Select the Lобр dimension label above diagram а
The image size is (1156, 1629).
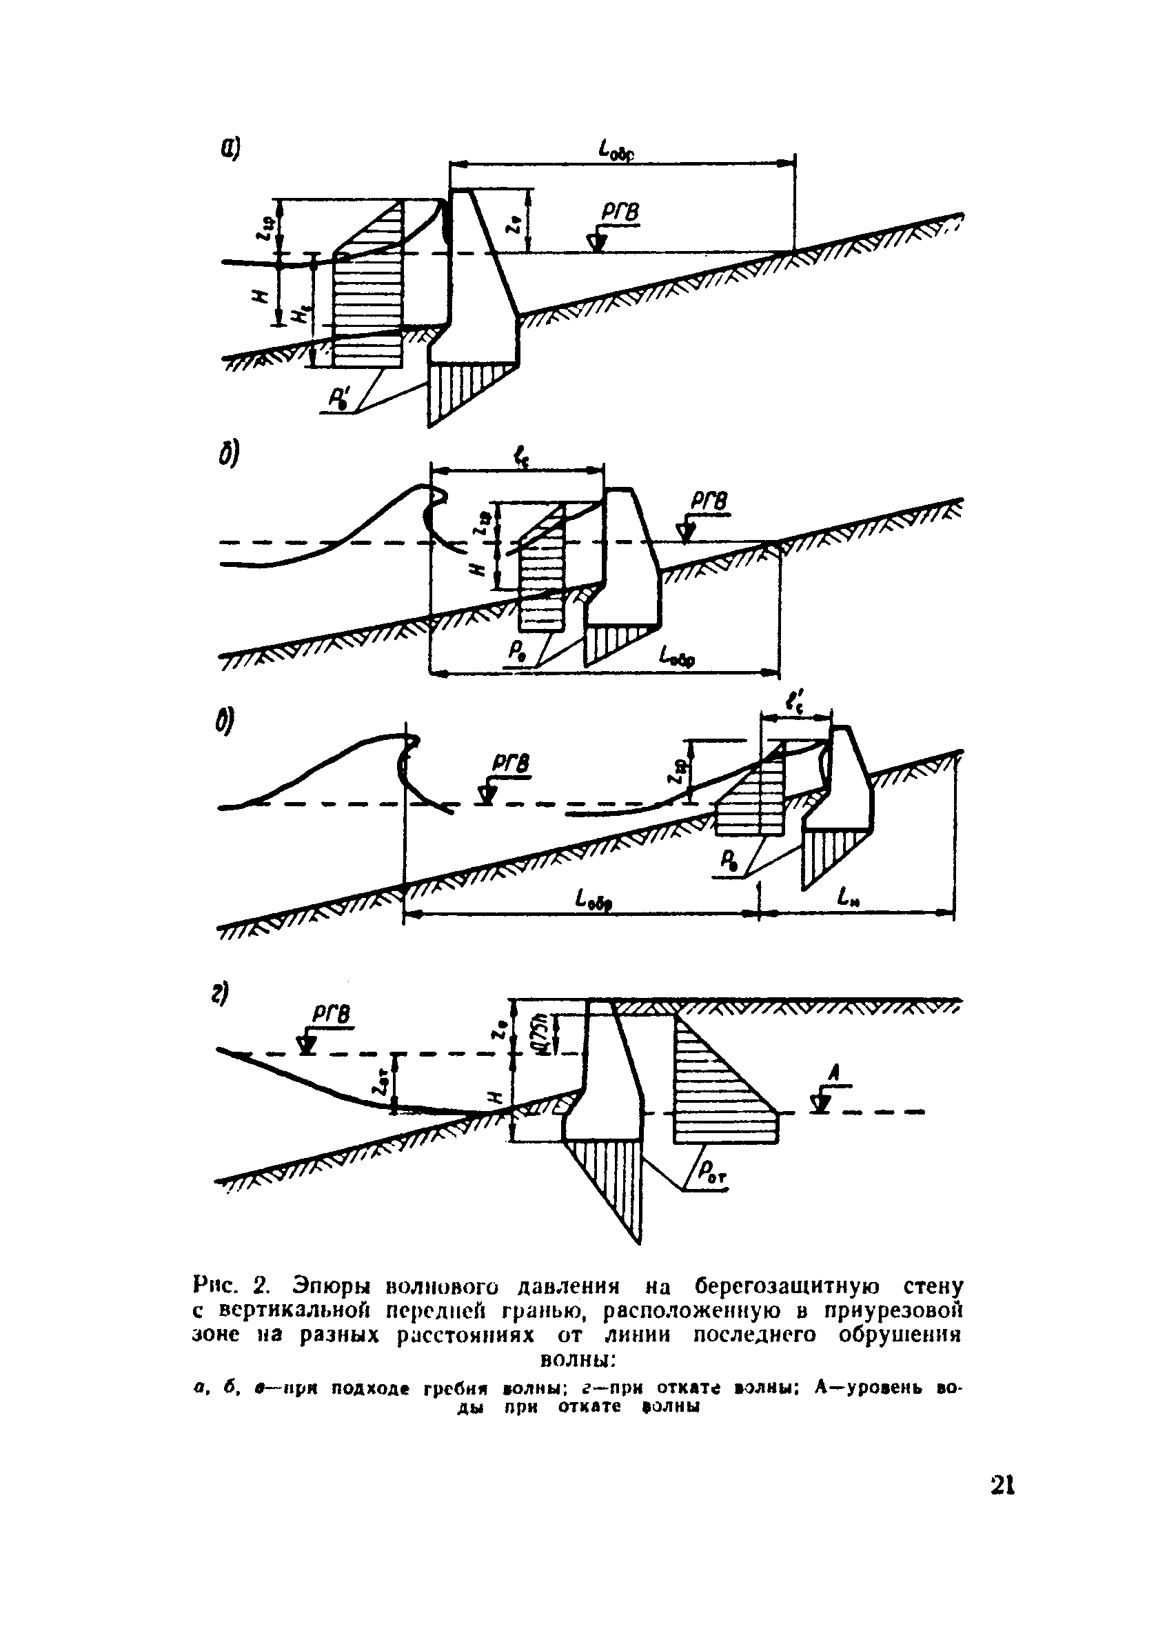616,150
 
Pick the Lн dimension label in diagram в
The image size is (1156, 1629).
850,899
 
